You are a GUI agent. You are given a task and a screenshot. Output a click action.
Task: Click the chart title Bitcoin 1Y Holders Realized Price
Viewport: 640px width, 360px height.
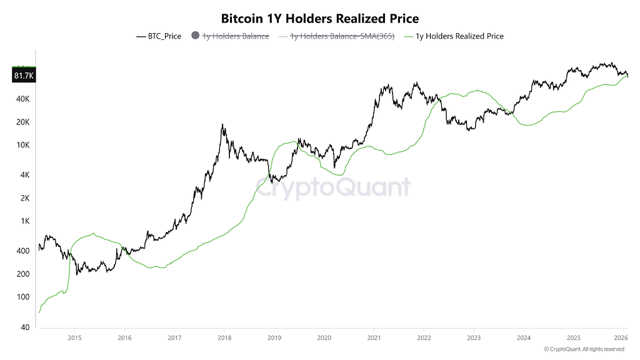coord(320,19)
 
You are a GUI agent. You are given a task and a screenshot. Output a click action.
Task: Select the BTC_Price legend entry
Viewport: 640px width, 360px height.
coord(159,36)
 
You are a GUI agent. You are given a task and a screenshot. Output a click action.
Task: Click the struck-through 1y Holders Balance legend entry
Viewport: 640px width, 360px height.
coord(231,36)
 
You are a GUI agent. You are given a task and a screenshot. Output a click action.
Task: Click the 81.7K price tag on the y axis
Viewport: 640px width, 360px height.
coord(24,76)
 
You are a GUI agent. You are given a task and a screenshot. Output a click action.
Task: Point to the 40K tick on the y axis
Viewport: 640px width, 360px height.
coord(22,99)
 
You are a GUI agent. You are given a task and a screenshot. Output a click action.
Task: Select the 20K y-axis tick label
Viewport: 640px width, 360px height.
coord(22,122)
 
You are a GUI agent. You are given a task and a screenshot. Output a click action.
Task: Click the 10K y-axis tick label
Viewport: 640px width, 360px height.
coord(22,145)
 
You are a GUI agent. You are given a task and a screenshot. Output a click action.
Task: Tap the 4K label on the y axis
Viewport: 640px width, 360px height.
coord(24,175)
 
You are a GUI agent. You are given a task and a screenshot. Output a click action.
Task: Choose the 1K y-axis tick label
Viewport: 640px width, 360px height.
coord(24,221)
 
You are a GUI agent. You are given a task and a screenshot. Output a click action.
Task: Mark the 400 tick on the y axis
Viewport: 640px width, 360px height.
coord(22,251)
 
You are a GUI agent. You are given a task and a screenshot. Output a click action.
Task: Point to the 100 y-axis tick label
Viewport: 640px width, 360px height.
coord(22,297)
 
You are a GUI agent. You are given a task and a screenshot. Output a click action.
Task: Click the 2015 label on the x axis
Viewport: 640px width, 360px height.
coord(74,337)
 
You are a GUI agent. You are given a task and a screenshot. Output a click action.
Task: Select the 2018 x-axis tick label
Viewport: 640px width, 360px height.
coord(224,337)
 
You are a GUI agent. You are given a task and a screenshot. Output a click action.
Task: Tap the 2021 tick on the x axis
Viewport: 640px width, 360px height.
coord(374,337)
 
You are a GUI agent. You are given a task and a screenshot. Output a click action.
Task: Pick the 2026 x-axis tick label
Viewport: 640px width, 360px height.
coord(622,337)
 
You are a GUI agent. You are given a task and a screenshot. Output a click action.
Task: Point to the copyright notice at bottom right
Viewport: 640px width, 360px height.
coord(584,349)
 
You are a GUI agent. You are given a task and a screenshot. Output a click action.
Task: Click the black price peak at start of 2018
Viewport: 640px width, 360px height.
coord(222,125)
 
